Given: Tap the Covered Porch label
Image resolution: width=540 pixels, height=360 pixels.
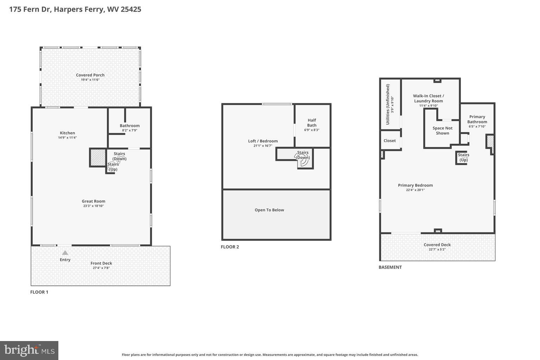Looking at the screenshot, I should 90,75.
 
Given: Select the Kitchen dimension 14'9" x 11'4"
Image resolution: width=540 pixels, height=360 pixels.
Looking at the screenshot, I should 67,138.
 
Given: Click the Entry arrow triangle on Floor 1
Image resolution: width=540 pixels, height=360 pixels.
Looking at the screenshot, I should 65,252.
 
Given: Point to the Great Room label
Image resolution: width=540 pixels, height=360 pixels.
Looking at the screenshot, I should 94,201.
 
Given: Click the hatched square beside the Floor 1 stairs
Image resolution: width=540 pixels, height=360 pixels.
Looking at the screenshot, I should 98,157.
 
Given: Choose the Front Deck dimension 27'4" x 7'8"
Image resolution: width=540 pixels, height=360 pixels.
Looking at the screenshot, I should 101,268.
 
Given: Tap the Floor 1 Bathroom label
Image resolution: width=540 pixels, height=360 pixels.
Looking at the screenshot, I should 130,126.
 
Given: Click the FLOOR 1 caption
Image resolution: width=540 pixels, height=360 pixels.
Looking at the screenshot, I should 39,292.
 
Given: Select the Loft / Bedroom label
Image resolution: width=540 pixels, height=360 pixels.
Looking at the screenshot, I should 263,141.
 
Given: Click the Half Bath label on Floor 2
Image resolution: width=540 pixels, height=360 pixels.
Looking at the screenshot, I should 312,123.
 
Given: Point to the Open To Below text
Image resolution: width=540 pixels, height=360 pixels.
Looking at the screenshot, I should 269,210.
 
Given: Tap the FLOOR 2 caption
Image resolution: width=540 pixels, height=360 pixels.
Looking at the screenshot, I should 230,247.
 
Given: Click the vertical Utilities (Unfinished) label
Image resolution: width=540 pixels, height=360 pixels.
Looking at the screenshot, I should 388,104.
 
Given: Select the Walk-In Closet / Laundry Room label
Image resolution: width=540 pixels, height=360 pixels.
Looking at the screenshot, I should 428,98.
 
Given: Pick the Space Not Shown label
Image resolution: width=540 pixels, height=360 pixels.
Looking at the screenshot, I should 442,130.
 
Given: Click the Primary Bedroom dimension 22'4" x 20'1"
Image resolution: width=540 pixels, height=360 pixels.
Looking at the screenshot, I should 416,190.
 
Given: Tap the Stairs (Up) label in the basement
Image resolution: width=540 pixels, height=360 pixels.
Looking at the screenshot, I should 463,157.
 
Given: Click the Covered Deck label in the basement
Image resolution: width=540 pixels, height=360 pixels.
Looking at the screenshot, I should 437,245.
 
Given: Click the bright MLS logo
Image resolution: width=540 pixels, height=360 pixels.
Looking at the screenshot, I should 29,351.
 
